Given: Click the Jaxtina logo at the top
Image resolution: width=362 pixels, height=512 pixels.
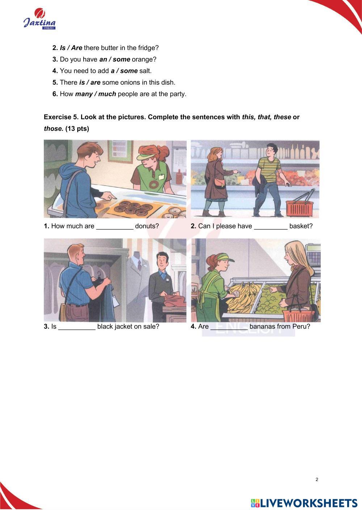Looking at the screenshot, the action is tap(39, 19).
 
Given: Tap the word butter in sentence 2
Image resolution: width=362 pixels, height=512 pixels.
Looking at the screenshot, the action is tap(109, 48).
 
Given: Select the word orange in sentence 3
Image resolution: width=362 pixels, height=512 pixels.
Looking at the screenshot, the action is tap(144, 60).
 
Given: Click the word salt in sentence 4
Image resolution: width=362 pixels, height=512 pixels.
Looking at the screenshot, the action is tap(146, 71).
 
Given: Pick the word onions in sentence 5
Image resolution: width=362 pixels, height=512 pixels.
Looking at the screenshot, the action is tap(130, 83).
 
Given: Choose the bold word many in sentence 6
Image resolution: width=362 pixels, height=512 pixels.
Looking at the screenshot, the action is tap(84, 94).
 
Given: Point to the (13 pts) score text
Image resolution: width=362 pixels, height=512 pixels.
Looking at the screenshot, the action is tap(77, 129).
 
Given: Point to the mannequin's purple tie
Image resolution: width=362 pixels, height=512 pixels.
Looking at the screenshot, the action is tap(139, 265).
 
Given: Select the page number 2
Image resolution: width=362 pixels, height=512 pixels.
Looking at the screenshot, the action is tap(317, 479).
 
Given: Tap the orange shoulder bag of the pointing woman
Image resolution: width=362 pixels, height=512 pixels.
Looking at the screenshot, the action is tap(219, 182).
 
